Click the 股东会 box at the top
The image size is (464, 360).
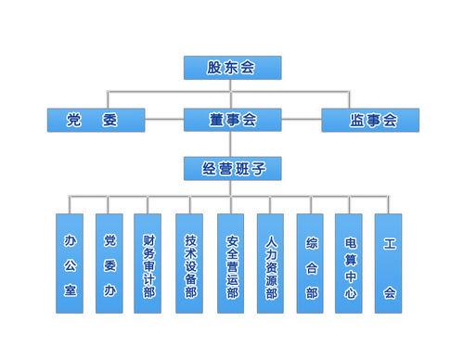pyautogui.click(x=231, y=68)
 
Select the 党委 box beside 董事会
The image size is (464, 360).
pyautogui.click(x=96, y=120)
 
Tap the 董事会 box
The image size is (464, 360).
pyautogui.click(x=231, y=120)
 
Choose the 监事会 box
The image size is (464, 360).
pyautogui.click(x=369, y=120)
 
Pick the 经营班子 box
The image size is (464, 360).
pyautogui.click(x=231, y=169)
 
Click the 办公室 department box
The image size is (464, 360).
pyautogui.click(x=69, y=263)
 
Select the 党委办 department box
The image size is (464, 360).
pyautogui.click(x=109, y=263)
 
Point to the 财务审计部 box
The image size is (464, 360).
pyautogui.click(x=148, y=263)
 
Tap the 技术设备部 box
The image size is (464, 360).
pyautogui.click(x=189, y=263)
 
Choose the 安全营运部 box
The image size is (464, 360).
pyautogui.click(x=230, y=263)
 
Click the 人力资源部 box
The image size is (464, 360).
pyautogui.click(x=270, y=263)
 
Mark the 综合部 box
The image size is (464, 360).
pyautogui.click(x=310, y=263)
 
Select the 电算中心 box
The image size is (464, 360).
pyautogui.click(x=349, y=263)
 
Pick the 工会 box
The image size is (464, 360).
pyautogui.click(x=389, y=263)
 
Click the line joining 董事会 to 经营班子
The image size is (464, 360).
pyautogui.click(x=231, y=144)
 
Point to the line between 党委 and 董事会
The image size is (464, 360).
pyautogui.click(x=163, y=120)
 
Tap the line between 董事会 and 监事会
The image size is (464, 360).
pyautogui.click(x=301, y=120)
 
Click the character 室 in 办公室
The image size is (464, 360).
pyautogui.click(x=69, y=291)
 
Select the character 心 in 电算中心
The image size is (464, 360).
pyautogui.click(x=349, y=295)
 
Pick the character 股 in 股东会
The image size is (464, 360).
pyautogui.click(x=214, y=68)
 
